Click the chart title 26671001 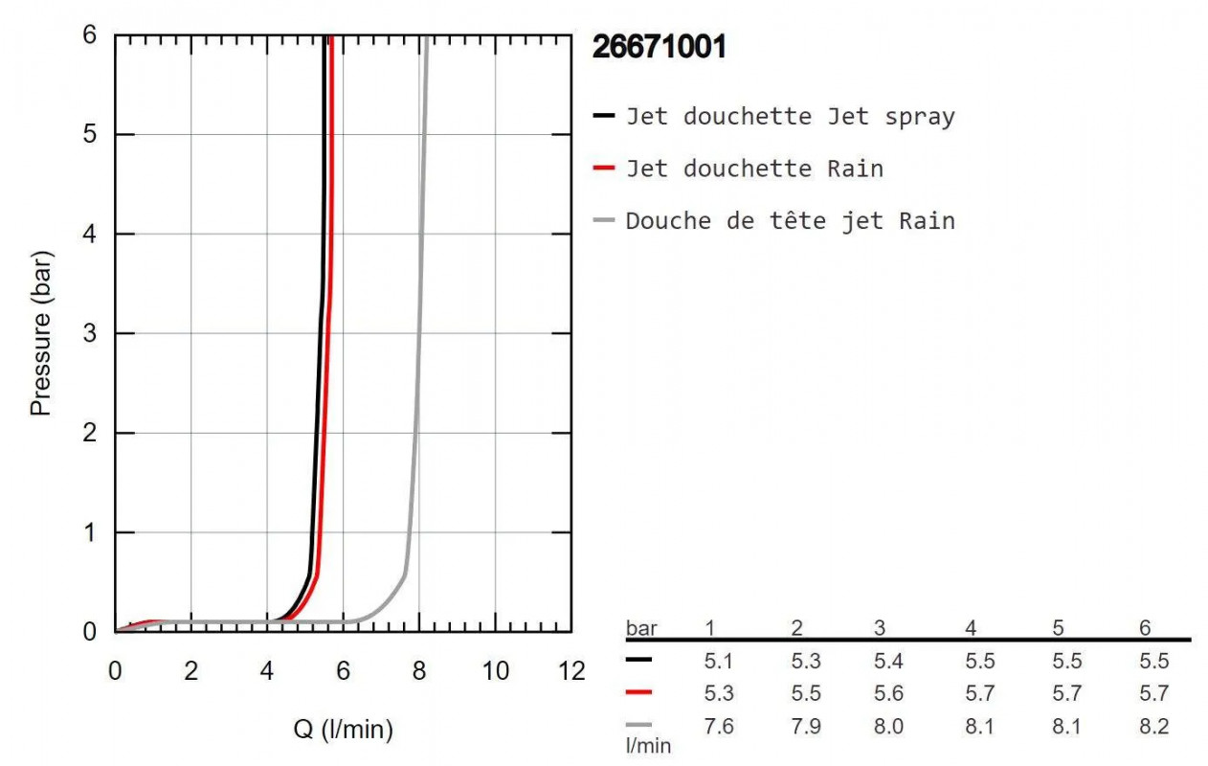coord(660,47)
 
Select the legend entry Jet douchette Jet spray coord(790,117)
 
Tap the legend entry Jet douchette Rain coord(754,169)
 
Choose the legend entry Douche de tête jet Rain coord(790,221)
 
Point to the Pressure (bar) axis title coord(40,332)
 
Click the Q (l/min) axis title coord(343,731)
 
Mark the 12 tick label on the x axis coord(571,671)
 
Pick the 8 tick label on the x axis coord(419,671)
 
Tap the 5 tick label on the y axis coord(90,134)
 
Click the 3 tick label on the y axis coord(90,333)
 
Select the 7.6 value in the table coord(718,727)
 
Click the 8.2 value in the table coord(1154,727)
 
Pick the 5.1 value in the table coord(718,661)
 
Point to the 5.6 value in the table coord(887,693)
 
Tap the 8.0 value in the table coord(887,727)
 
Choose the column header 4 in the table coord(972,628)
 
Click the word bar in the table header coord(641,629)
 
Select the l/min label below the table coord(648,745)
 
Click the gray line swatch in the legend coord(603,221)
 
